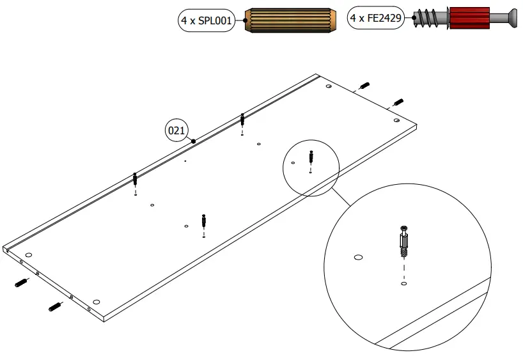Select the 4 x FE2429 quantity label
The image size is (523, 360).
click(x=376, y=19)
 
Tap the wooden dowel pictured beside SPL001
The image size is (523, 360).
click(x=291, y=21)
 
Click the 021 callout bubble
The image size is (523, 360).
click(x=176, y=131)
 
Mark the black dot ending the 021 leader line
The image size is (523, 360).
click(x=193, y=140)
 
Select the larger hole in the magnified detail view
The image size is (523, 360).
click(x=358, y=258)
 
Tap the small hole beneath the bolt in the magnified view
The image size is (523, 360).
click(x=404, y=282)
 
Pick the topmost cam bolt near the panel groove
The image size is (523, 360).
click(x=242, y=120)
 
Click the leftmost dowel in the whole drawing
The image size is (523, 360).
click(x=20, y=283)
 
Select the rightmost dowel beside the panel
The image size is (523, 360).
click(x=398, y=102)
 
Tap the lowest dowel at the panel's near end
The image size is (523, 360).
click(x=55, y=308)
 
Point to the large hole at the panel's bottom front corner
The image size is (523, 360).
click(x=96, y=301)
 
